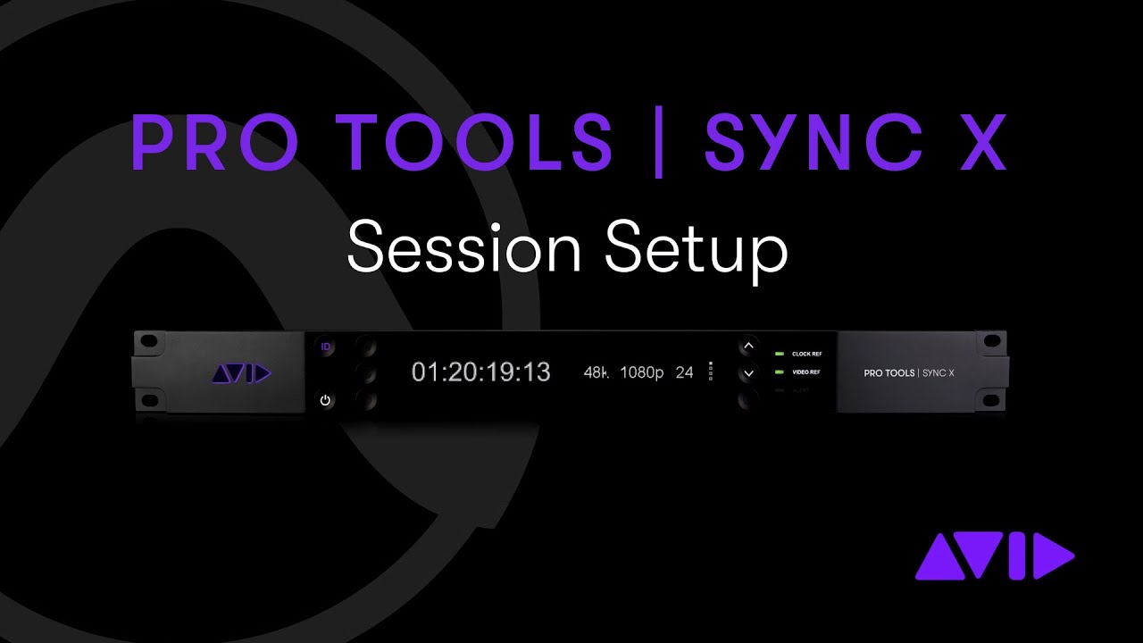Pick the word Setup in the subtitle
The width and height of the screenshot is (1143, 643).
coord(696,250)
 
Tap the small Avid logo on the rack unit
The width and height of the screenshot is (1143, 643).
coord(241,374)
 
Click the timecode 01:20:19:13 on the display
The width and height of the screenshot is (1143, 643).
coord(480,372)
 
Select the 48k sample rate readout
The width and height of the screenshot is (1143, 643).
coord(596,372)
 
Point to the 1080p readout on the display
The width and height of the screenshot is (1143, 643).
coord(641,372)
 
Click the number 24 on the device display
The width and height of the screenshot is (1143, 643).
coord(684,372)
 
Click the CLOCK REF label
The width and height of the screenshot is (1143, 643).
coord(806,355)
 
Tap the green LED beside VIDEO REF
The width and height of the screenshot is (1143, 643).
coord(779,372)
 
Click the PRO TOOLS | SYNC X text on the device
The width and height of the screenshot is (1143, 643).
coord(909,373)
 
